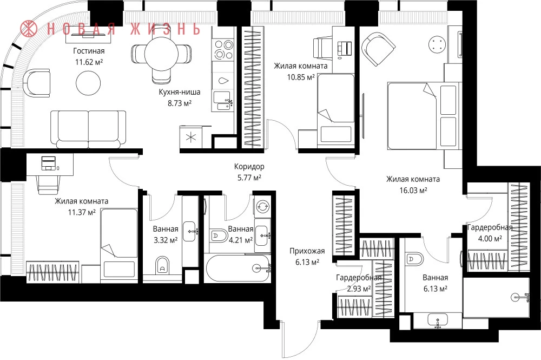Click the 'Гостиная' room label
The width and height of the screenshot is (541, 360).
point(89,51)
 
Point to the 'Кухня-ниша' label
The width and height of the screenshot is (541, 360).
point(180,92)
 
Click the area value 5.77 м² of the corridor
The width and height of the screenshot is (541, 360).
point(247,178)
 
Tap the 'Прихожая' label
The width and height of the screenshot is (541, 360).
point(307,251)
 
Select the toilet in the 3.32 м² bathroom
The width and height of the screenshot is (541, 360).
point(162,265)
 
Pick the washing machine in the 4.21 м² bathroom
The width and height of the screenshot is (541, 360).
point(263,206)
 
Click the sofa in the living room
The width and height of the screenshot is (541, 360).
point(88,129)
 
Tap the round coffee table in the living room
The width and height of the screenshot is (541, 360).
point(88,83)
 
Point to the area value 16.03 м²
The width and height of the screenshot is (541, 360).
point(413,190)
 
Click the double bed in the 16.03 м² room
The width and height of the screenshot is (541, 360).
point(424,116)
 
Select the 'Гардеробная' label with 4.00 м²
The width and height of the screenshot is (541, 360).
point(489,227)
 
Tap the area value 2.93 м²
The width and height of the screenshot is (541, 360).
point(359,289)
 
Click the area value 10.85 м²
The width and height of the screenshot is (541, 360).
point(301,77)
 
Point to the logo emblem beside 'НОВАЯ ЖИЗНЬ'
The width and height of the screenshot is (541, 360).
point(29,28)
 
